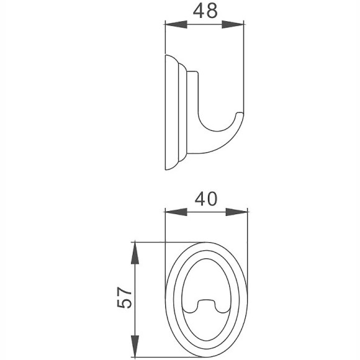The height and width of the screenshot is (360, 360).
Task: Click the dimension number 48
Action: tap(203, 12)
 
